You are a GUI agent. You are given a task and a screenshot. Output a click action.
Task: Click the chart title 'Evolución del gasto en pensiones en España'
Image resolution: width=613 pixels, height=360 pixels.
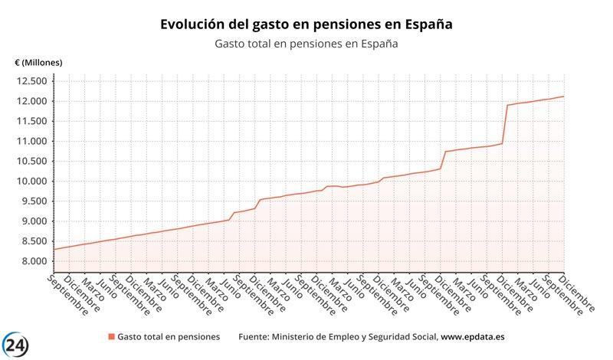pos(306,25)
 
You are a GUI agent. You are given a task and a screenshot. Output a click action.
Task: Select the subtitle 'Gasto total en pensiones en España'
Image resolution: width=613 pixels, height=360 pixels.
pos(306,44)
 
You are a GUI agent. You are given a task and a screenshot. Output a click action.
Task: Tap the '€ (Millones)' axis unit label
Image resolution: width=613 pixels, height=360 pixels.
pos(38,62)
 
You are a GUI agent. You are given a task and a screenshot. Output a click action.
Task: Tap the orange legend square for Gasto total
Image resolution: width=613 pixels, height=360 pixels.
pos(111,337)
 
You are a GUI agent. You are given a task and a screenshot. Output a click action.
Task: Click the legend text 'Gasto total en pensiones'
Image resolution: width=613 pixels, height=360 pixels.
pos(169,337)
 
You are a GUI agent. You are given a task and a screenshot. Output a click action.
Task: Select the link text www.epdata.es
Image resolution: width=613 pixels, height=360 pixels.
pos(472,337)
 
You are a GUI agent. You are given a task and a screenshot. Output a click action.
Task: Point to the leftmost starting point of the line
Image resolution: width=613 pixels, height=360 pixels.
pos(54,249)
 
